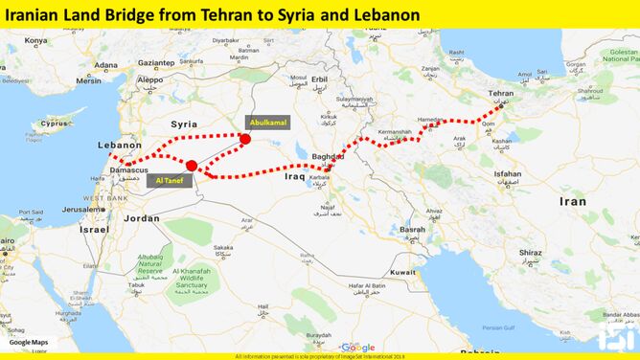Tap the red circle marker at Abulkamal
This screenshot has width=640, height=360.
tap(245, 139)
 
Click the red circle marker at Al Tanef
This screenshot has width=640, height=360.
tap(191, 166)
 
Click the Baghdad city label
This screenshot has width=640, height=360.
tap(328, 155)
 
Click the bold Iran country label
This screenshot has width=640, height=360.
tap(572, 202)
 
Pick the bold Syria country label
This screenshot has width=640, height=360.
tap(183, 124)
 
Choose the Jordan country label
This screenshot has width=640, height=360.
tap(141, 218)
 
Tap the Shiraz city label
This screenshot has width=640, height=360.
tap(531, 253)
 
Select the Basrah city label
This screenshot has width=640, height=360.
tap(413, 230)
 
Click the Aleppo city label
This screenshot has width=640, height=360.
tap(150, 80)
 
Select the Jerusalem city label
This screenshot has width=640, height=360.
tap(82, 208)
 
